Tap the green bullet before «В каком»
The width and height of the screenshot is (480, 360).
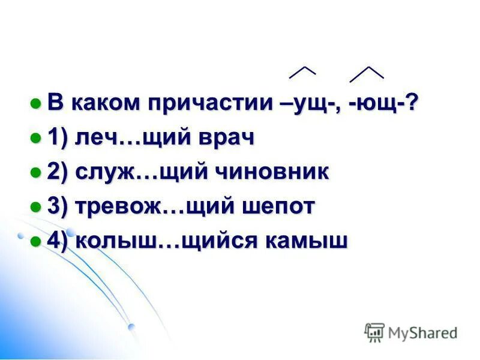[x=36, y=103]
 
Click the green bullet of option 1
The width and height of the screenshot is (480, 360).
[x=36, y=138]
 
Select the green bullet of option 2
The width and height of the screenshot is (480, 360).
[x=36, y=172]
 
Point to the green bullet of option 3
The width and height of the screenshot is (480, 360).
[x=36, y=207]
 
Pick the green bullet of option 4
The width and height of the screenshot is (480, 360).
[x=36, y=241]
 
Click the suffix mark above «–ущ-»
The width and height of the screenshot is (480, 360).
[x=302, y=72]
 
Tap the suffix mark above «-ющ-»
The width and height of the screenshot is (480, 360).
[x=367, y=73]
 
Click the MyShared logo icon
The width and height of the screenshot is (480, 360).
[x=374, y=332]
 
